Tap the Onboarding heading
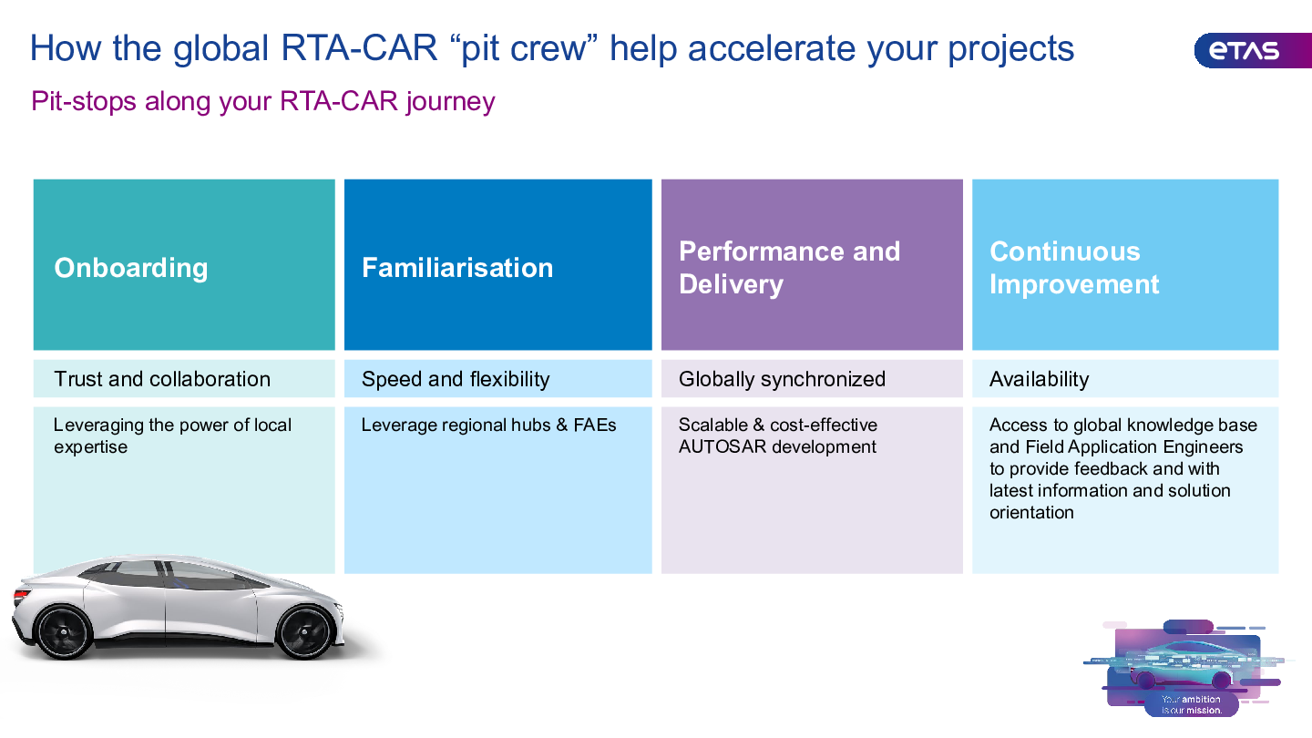pyautogui.click(x=131, y=268)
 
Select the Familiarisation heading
pyautogui.click(x=457, y=268)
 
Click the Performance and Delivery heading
pyautogui.click(x=790, y=268)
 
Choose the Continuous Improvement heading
pyautogui.click(x=1074, y=268)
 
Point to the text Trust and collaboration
pyautogui.click(x=162, y=379)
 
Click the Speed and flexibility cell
pyautogui.click(x=497, y=379)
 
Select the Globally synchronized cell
pyautogui.click(x=812, y=379)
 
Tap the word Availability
pyautogui.click(x=1039, y=379)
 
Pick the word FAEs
pyautogui.click(x=594, y=425)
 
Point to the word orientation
pyautogui.click(x=1031, y=512)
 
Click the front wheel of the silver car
pyautogui.click(x=304, y=632)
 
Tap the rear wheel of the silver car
pyautogui.click(x=63, y=632)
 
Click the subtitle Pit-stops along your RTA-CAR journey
pyautogui.click(x=263, y=101)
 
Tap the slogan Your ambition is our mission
pyautogui.click(x=1192, y=704)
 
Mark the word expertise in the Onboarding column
pyautogui.click(x=91, y=446)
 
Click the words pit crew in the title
pyautogui.click(x=524, y=48)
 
